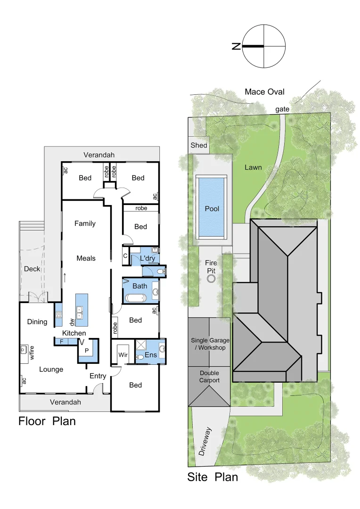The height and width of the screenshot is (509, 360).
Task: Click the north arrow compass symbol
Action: [264, 46]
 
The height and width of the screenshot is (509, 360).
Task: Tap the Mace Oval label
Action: [264, 91]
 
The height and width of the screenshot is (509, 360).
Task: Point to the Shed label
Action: [198, 145]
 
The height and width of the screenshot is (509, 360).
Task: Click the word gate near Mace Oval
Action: [283, 109]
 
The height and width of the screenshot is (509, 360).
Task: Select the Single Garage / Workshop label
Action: [208, 344]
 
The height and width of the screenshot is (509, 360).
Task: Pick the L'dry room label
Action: [147, 258]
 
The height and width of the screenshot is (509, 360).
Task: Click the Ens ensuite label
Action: [151, 355]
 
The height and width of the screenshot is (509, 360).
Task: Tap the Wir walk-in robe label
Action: [123, 354]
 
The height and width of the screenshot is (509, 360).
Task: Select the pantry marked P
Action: [86, 351]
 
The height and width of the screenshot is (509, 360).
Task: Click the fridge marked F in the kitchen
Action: [62, 341]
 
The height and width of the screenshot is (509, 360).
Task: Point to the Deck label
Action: [33, 269]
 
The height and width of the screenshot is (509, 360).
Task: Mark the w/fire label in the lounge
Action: [33, 353]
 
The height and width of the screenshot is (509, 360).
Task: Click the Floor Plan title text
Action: [47, 421]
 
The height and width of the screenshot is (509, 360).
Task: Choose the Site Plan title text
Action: [213, 476]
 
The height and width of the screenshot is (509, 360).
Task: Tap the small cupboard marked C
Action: [125, 256]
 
